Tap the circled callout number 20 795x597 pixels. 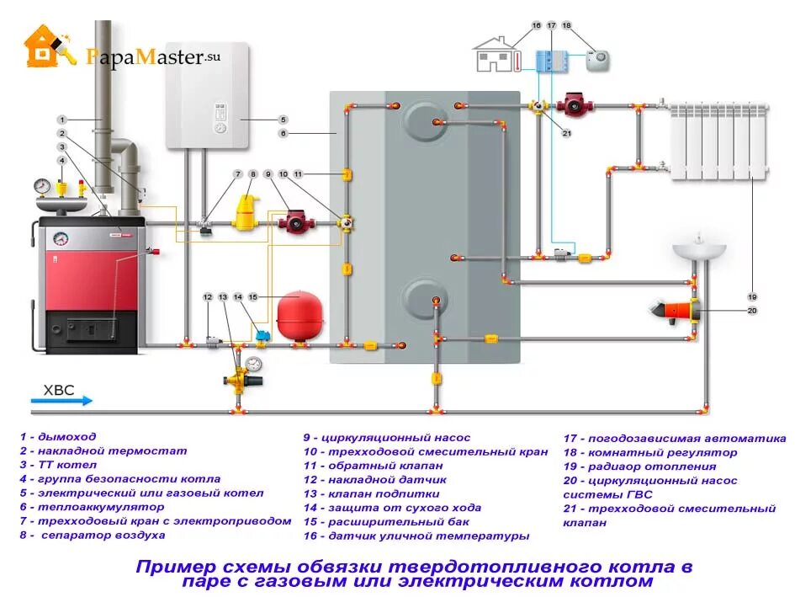click(752, 310)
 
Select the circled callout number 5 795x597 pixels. click(284, 120)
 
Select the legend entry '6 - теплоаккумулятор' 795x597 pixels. click(93, 508)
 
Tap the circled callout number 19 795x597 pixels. click(752, 296)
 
